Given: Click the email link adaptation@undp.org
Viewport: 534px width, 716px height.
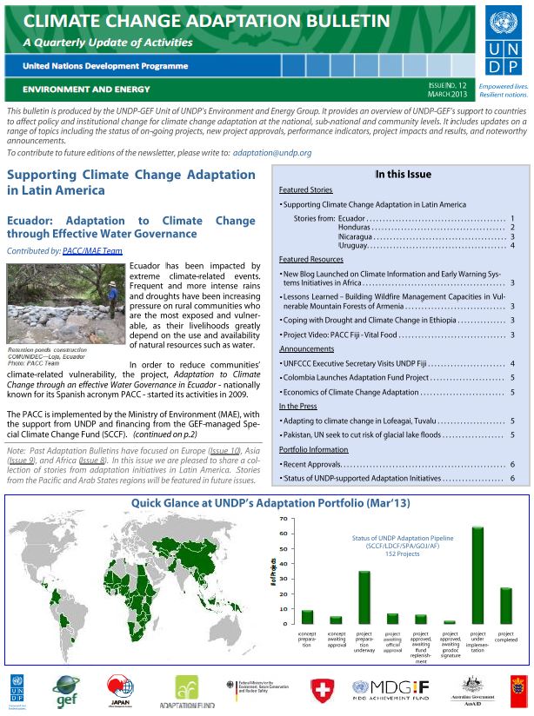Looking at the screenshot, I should coord(272,153).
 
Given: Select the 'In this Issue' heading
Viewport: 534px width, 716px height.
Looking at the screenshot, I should coord(403,174).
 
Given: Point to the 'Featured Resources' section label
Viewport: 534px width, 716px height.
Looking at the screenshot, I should coord(310,260).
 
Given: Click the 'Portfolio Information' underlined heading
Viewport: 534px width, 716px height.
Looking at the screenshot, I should coord(313,449).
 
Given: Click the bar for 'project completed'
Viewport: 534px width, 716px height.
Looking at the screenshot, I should coord(506,606).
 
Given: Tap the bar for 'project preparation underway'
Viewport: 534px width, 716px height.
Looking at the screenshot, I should coord(364,597).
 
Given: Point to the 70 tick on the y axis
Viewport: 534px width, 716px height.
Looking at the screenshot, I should coord(283,519).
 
